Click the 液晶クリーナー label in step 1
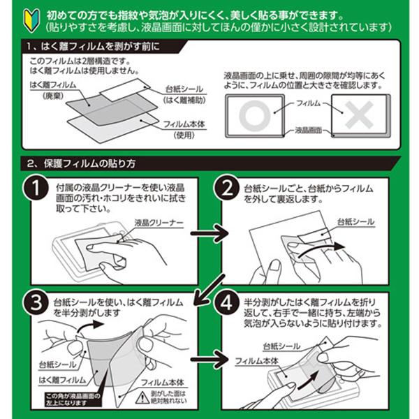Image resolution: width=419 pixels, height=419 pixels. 159,223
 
